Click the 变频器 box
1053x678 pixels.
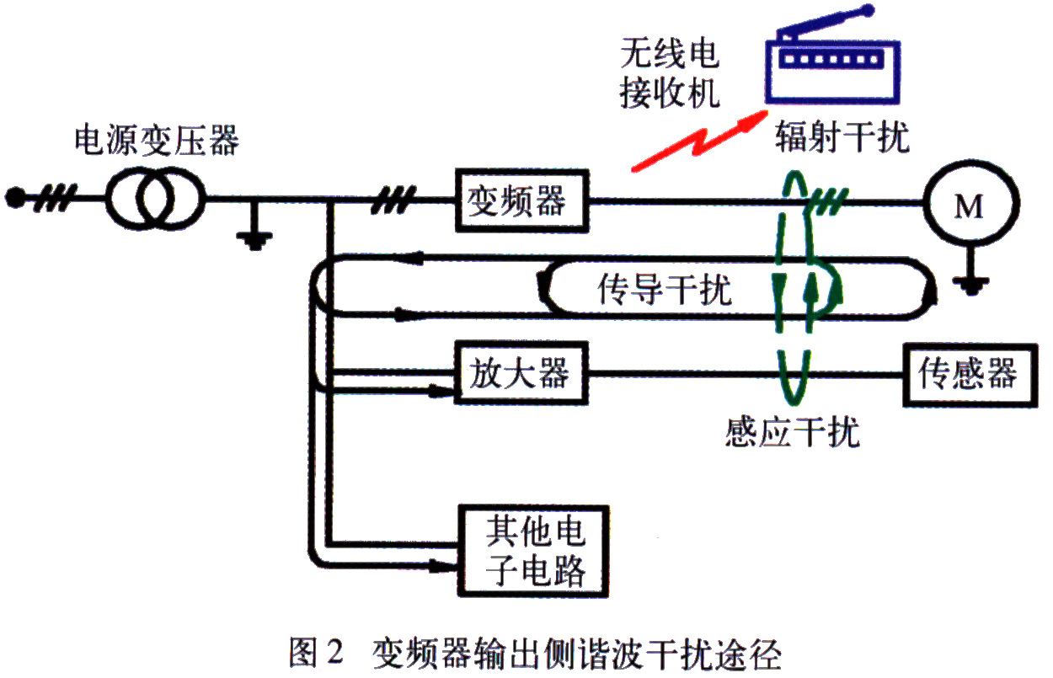(x=521, y=200)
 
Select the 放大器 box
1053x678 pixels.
(x=521, y=372)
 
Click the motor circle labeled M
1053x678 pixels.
(x=971, y=205)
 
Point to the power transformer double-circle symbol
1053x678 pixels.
(x=154, y=200)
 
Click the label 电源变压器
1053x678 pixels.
(x=156, y=140)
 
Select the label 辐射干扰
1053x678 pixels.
(x=842, y=137)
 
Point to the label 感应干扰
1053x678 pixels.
(x=792, y=433)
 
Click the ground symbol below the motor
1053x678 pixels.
(x=971, y=280)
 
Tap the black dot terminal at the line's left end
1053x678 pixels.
(x=13, y=199)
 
